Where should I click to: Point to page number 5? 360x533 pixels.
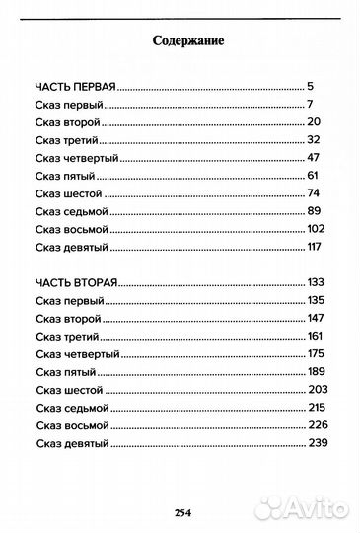[311, 86]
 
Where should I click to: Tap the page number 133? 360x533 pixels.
[318, 282]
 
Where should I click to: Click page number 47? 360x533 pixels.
[315, 157]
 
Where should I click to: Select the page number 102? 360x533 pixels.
[317, 228]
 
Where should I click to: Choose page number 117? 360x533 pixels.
[317, 246]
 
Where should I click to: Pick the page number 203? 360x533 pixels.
[318, 389]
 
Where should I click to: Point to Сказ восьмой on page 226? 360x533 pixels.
[74, 425]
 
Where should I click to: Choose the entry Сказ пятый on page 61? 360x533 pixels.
[64, 175]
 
